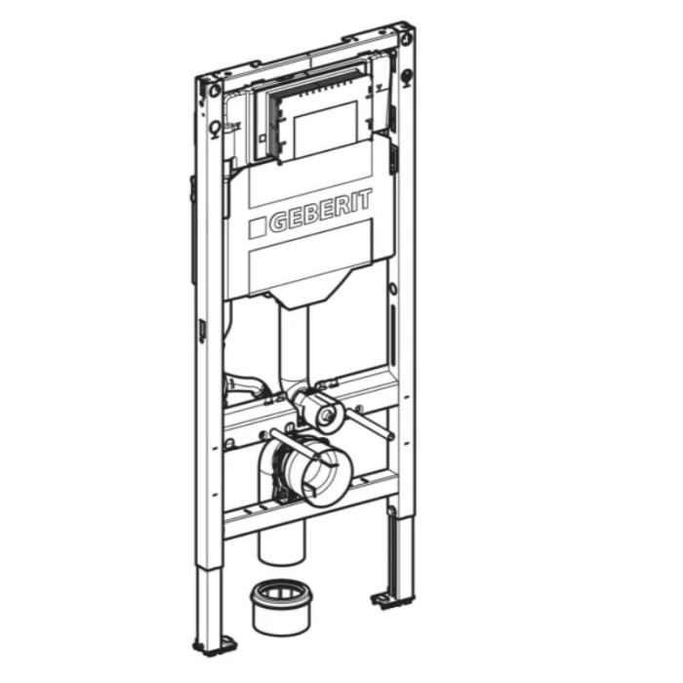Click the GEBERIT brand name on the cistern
[x=321, y=210]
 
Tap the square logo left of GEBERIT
[x=257, y=227]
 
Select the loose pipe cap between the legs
[x=281, y=607]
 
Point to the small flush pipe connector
[x=319, y=411]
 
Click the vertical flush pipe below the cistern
[x=293, y=344]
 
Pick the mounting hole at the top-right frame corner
[x=405, y=37]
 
